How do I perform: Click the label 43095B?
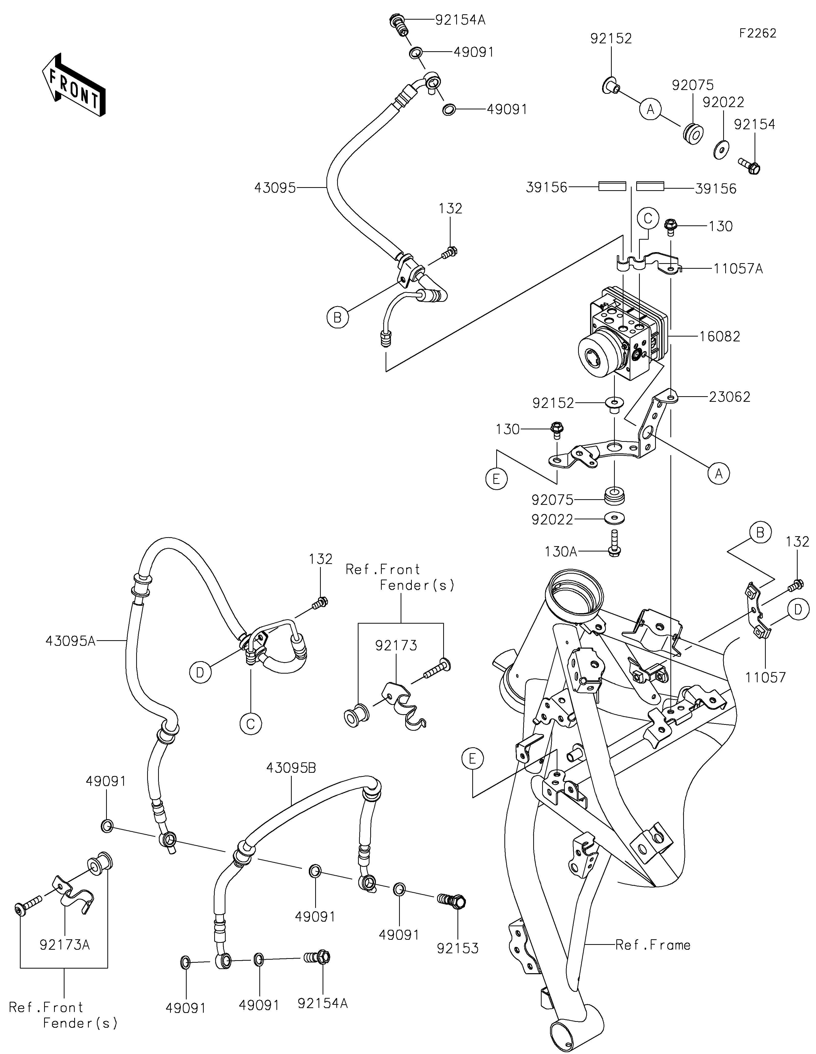pos(291,768)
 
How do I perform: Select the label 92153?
pos(457,948)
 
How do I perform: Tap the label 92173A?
pos(65,944)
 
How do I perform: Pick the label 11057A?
pos(738,269)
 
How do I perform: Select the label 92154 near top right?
pos(754,124)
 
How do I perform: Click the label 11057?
pos(765,678)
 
